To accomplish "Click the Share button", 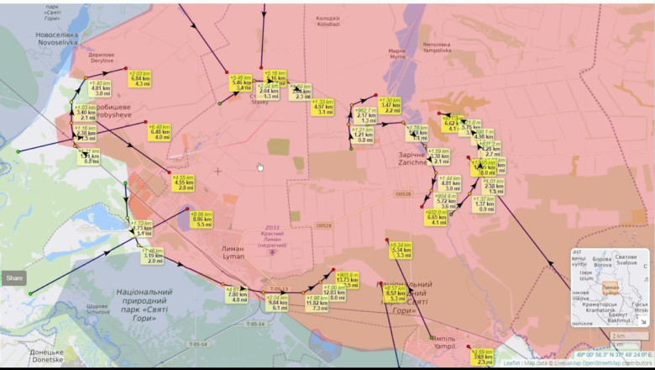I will [14, 277].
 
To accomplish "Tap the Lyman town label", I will [232, 252].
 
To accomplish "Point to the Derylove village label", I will [102, 57].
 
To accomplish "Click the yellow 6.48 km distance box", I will [160, 132].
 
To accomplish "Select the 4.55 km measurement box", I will [182, 182].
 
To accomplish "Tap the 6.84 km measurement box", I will [140, 79].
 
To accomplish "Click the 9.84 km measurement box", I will [277, 304].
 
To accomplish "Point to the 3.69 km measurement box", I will [482, 357].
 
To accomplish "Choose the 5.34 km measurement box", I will [401, 251].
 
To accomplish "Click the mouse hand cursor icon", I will [260, 166].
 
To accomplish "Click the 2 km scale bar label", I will [618, 335].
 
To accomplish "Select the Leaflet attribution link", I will [511, 363].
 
